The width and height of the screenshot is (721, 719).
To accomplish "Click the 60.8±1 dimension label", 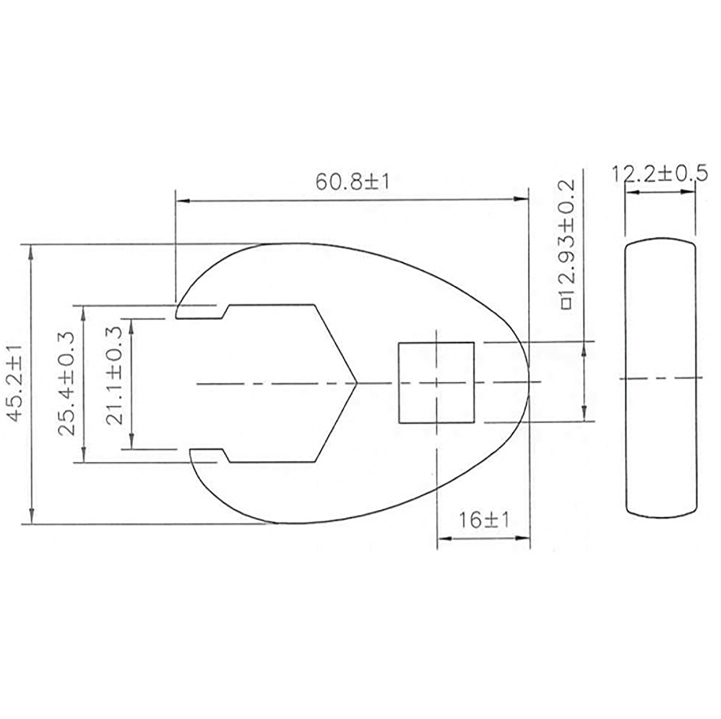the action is [352, 181].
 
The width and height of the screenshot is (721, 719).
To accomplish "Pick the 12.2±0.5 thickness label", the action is [660, 173].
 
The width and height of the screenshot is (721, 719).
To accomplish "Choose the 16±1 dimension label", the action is [484, 520].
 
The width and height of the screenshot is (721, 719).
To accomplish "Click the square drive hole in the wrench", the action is [436, 382].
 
